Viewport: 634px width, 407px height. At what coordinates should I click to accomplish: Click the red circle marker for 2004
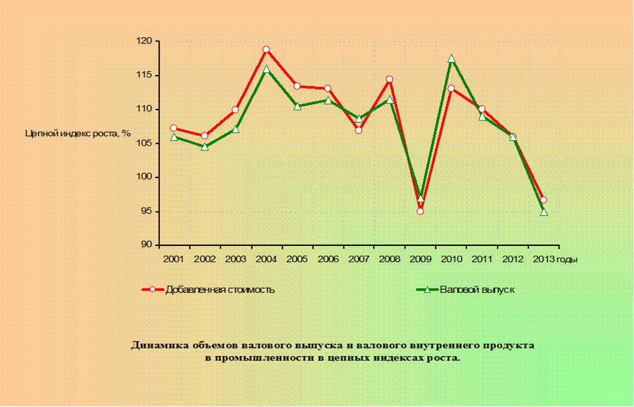(266, 50)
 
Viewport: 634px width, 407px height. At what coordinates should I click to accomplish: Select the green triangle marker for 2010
(451, 59)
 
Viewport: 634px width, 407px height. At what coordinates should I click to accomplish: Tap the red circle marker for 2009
(420, 211)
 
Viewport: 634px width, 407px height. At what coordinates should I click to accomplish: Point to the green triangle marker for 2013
(544, 212)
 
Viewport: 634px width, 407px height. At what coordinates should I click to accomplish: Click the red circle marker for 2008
(389, 80)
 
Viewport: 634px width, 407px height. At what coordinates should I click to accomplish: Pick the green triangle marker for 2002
(205, 147)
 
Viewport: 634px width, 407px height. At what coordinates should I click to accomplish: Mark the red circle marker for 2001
(174, 128)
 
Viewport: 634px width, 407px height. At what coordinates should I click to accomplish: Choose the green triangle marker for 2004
(266, 69)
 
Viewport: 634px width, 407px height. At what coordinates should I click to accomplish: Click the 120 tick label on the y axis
(144, 41)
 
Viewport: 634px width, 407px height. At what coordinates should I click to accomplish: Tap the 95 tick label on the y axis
(146, 211)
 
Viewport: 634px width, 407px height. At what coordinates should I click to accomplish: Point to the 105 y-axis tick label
(144, 143)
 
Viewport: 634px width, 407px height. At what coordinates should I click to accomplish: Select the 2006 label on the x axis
(327, 259)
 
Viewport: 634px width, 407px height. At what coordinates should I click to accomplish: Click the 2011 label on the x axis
(481, 259)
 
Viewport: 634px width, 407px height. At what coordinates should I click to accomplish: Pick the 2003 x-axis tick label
(235, 259)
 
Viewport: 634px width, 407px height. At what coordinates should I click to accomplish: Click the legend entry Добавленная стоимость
(220, 290)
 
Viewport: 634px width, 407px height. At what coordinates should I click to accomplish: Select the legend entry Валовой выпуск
(477, 290)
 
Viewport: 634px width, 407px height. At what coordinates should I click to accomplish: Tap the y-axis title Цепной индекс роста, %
(78, 133)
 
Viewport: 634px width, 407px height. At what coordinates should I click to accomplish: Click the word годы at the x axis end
(567, 259)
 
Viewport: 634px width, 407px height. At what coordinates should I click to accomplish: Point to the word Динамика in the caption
(157, 345)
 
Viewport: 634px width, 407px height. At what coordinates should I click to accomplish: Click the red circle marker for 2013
(544, 200)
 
